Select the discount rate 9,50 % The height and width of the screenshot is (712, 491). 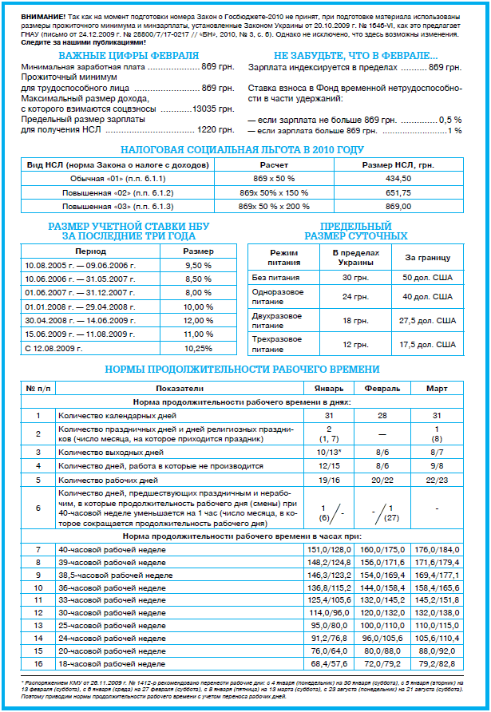198,264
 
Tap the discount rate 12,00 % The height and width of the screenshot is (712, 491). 198,320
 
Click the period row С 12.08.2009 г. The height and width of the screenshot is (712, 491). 54,348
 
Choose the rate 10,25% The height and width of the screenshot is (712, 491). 198,348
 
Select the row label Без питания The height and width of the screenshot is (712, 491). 275,277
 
